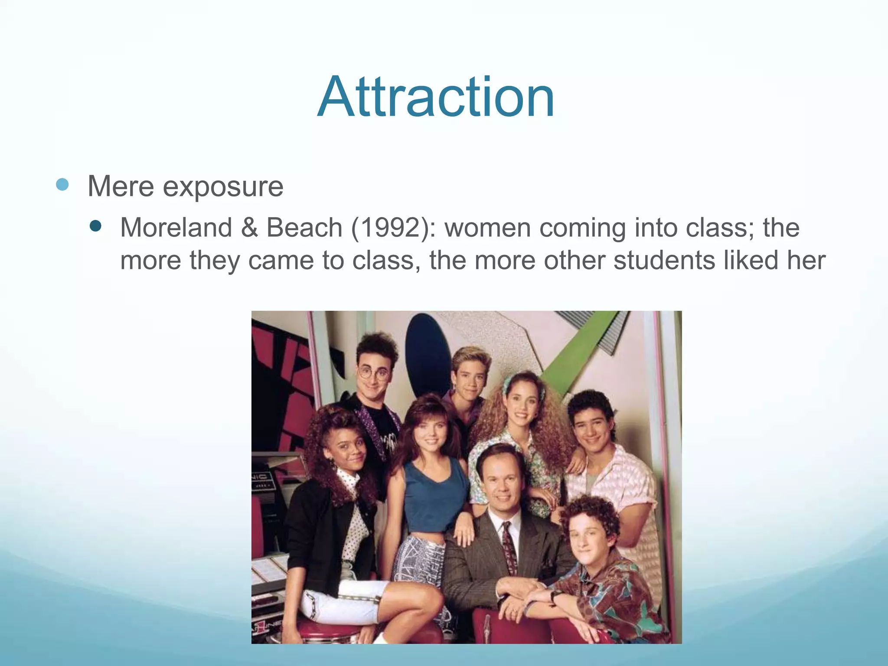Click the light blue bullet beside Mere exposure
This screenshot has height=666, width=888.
(62, 185)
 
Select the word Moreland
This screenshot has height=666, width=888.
(176, 227)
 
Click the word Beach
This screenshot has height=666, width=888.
(304, 227)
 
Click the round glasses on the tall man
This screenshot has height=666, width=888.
(374, 372)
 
